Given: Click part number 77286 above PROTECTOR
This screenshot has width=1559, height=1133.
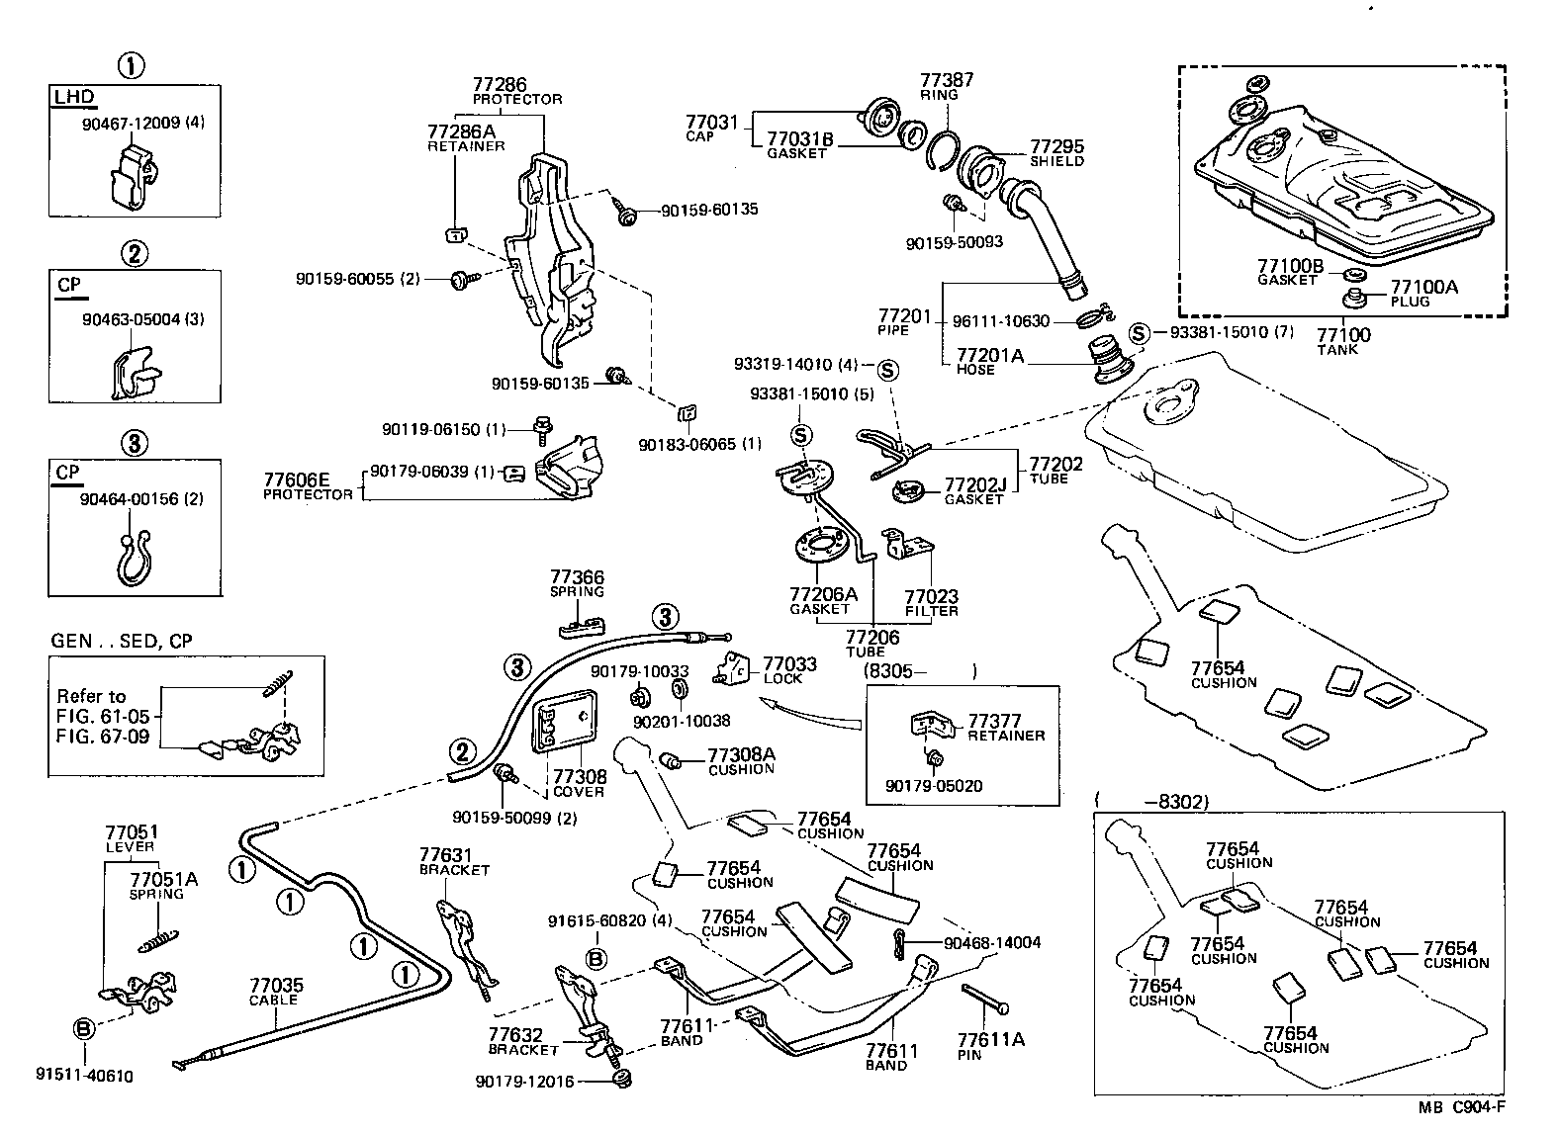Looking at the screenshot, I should click(499, 85).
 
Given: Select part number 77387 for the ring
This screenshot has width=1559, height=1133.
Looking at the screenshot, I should click(947, 81).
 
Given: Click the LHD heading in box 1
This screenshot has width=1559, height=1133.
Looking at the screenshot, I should click(75, 96).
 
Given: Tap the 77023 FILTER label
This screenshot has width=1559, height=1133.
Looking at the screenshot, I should click(931, 602).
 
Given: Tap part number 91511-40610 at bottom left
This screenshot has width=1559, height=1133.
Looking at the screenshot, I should click(84, 1076).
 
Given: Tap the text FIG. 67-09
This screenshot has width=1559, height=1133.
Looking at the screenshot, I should click(103, 738).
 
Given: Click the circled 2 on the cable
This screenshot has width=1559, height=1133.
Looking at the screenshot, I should click(462, 750).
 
